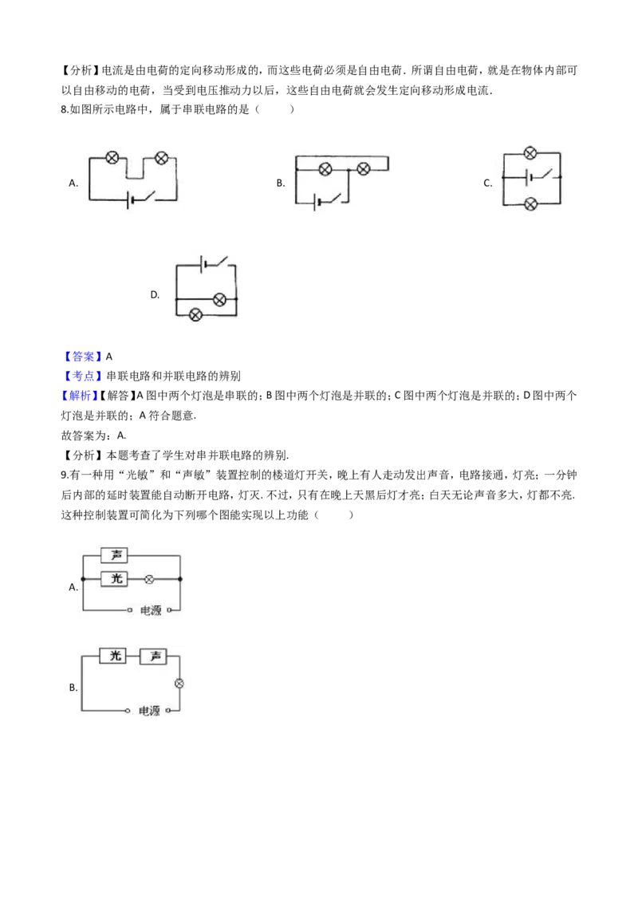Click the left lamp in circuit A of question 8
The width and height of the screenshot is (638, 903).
(x=112, y=157)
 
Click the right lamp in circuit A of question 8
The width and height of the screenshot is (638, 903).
(x=161, y=157)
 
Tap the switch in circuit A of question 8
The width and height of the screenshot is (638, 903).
(x=148, y=197)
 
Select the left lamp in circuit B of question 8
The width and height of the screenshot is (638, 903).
(x=325, y=169)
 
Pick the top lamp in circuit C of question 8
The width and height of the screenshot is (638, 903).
(x=530, y=152)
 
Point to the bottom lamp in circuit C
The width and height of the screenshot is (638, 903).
(x=530, y=203)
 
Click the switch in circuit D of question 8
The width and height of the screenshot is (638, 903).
(x=221, y=262)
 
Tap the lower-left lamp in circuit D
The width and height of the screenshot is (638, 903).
(x=195, y=314)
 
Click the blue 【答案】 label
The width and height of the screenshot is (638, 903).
(x=83, y=357)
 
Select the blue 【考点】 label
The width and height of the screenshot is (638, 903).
(x=83, y=376)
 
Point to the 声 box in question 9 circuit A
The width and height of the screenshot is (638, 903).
(x=114, y=555)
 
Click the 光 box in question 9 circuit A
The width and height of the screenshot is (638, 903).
(x=114, y=579)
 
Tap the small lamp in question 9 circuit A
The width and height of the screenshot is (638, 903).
(x=149, y=579)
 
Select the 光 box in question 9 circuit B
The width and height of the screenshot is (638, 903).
(x=113, y=656)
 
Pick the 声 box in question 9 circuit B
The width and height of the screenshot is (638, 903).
(x=153, y=656)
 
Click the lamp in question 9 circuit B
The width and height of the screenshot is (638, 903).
(x=179, y=684)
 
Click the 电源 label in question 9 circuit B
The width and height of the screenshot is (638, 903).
(x=149, y=711)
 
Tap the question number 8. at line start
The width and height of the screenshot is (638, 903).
(x=65, y=109)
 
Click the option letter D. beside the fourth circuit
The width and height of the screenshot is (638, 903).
(x=155, y=295)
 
